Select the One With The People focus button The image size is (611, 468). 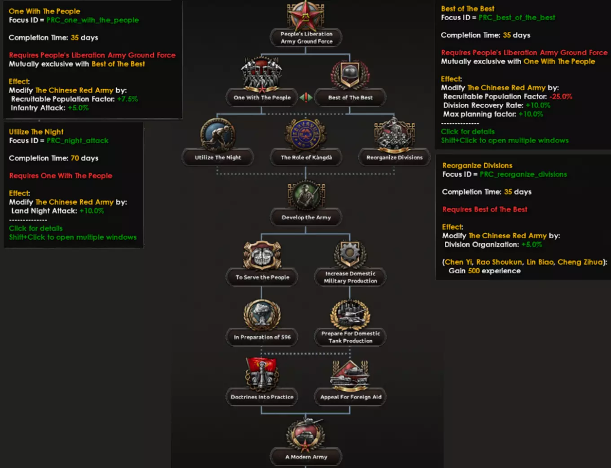(262, 98)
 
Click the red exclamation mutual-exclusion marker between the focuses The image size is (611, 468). (306, 98)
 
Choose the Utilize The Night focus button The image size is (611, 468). (218, 157)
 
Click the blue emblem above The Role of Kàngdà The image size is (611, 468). (306, 134)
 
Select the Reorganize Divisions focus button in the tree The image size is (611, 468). (394, 157)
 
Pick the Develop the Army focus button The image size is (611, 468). (306, 218)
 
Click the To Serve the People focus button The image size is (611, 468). (262, 277)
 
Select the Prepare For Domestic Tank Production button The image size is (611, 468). (350, 337)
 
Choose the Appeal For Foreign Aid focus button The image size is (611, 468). (350, 397)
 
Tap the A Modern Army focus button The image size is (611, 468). (306, 457)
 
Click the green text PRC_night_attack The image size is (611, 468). (77, 141)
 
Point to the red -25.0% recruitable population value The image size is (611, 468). (561, 97)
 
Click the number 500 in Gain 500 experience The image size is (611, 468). (474, 271)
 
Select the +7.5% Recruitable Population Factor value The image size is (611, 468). (127, 99)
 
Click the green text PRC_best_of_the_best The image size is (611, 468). (517, 18)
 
